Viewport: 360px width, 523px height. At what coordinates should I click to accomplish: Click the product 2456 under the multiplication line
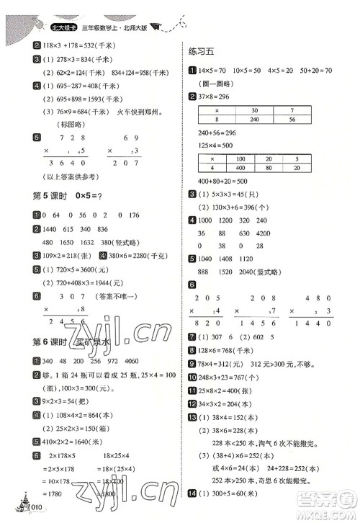coord(60,323)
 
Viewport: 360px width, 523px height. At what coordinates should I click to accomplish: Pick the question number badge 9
coord(192,364)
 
